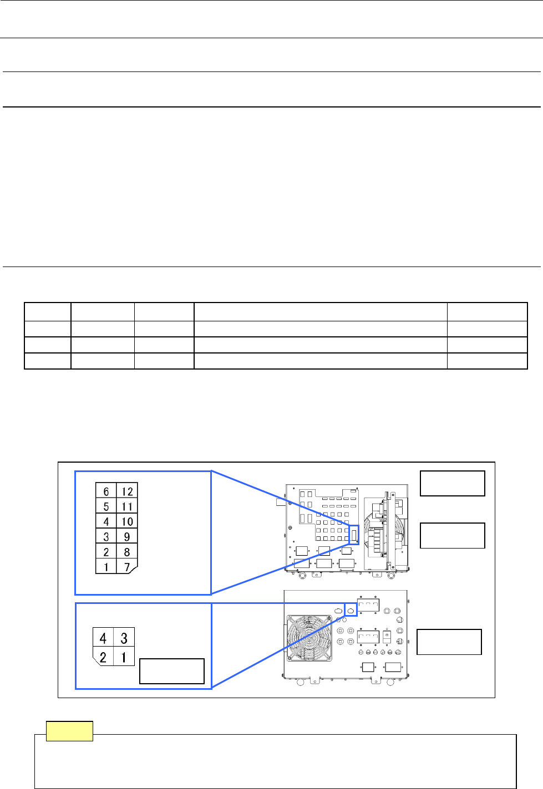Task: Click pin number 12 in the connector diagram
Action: tap(127, 491)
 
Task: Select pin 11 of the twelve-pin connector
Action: tap(127, 506)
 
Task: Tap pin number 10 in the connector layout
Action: tap(127, 521)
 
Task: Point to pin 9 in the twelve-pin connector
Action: tap(127, 536)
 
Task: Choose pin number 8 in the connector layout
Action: tap(127, 552)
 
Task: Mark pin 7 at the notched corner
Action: tap(127, 567)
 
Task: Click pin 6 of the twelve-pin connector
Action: tap(106, 491)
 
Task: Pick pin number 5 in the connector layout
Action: tap(106, 506)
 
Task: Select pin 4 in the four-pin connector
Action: tap(103, 638)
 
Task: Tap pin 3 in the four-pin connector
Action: tap(124, 638)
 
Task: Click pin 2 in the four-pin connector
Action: tap(103, 657)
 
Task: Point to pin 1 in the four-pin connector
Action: tap(124, 657)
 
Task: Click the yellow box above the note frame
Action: tap(69, 731)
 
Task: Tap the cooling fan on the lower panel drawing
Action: tap(309, 637)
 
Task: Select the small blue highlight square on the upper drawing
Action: tap(354, 535)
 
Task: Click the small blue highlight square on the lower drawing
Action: tap(351, 609)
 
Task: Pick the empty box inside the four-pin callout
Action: tap(171, 671)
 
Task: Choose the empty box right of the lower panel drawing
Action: tap(449, 642)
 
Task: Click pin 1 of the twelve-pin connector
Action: tap(106, 567)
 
